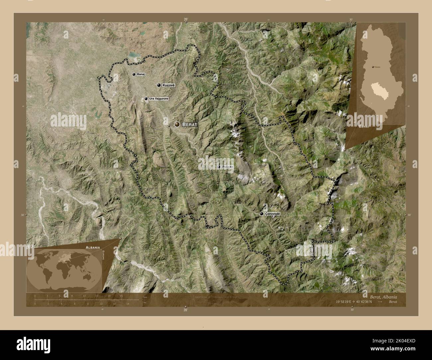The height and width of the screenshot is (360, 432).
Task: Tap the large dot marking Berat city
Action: tap(177, 124)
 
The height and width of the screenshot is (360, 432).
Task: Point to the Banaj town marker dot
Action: tap(134, 75)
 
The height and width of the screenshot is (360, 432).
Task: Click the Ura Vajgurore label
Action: tap(159, 99)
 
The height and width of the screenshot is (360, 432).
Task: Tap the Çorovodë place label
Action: tap(273, 214)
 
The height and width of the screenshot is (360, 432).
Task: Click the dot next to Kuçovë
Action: tap(159, 85)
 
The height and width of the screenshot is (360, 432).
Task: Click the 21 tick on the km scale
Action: tap(122, 295)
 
